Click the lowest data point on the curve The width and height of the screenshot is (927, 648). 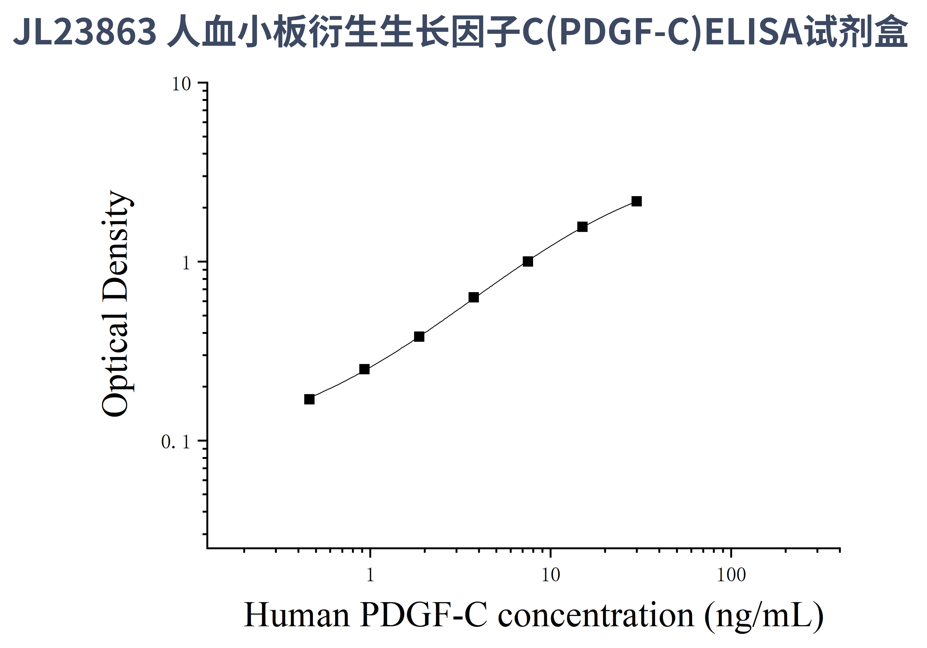coord(309,399)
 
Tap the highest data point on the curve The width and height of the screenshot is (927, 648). coord(637,201)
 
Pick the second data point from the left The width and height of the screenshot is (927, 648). coord(364,369)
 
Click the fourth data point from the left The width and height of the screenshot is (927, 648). coord(474,297)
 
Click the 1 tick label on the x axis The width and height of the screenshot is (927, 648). coord(370,575)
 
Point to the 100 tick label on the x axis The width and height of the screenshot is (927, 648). coord(731,575)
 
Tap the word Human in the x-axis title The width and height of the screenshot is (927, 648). coord(297,616)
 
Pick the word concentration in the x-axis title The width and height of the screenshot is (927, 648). coord(595,616)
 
